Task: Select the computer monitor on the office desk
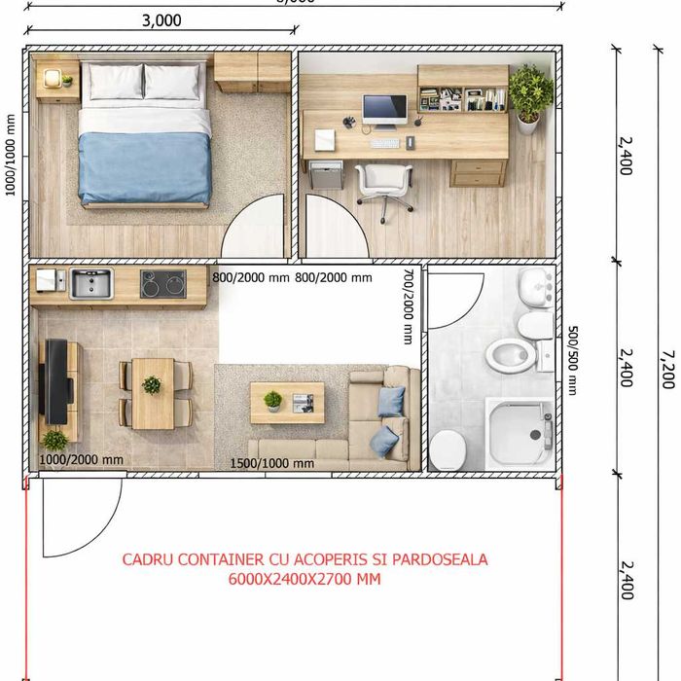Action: (x=384, y=108)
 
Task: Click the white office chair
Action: (x=382, y=184)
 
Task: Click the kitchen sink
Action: (x=90, y=284)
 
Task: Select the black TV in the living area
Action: (x=57, y=381)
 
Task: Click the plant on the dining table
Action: (x=152, y=385)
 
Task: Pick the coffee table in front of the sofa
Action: (x=287, y=402)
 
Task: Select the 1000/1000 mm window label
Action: (x=11, y=156)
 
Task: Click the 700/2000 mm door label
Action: (x=409, y=306)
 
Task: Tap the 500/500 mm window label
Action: (x=573, y=360)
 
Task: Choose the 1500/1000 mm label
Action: (x=271, y=463)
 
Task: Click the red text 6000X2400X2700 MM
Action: (x=305, y=579)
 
